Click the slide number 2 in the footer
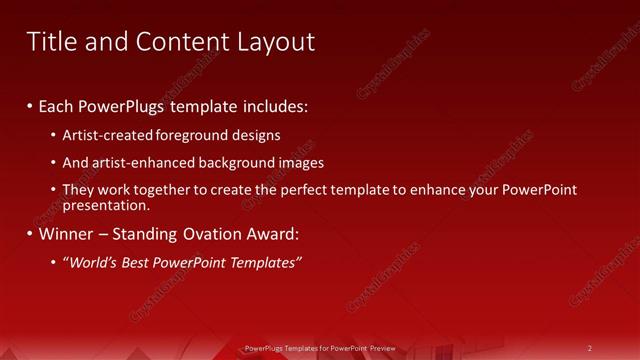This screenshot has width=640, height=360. (589, 348)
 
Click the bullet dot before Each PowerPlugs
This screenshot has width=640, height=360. (30, 105)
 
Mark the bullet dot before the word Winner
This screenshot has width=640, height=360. (30, 235)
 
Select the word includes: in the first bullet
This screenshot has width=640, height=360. (273, 105)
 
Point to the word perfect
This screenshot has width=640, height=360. (322, 190)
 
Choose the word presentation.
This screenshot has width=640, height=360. (105, 205)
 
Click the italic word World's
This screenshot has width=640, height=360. (91, 263)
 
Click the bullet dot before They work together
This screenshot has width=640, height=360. (54, 190)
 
